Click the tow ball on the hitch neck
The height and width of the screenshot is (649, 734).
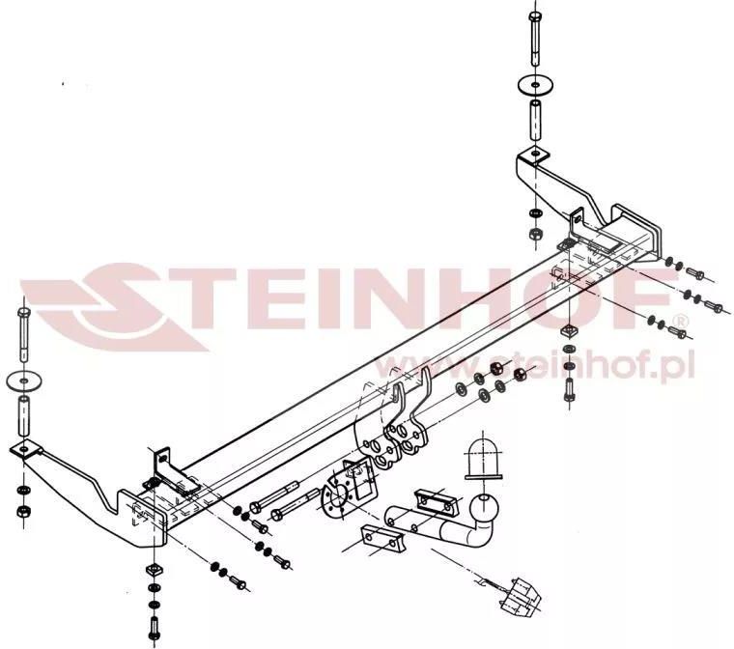(483, 508)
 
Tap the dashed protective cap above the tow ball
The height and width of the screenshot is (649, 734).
(483, 459)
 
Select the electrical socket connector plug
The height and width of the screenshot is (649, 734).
(520, 596)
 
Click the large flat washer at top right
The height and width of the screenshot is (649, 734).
(535, 85)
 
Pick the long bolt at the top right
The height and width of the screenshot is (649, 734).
(535, 39)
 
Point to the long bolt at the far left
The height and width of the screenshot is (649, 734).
(24, 334)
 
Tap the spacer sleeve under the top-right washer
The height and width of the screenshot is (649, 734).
(535, 119)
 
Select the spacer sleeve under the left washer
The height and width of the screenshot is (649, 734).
(24, 416)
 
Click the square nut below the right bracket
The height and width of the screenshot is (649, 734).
(569, 330)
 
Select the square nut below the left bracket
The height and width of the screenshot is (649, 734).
(154, 571)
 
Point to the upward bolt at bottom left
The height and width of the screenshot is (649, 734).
(153, 629)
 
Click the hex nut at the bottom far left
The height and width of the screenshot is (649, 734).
(23, 511)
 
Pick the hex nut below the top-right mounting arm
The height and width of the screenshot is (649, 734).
(535, 233)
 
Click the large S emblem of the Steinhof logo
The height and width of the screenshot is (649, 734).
(117, 307)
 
